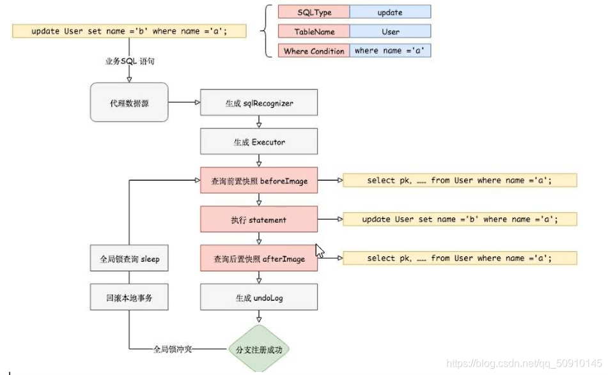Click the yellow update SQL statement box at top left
[x=129, y=31]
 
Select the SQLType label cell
[x=314, y=12]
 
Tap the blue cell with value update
[x=390, y=12]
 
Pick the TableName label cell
[x=314, y=31]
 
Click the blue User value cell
[x=390, y=31]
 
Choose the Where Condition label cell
[x=314, y=51]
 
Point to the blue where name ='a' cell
[x=390, y=51]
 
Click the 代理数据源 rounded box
[x=129, y=102]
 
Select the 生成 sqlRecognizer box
[x=259, y=103]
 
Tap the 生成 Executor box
[x=259, y=142]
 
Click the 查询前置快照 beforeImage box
[x=259, y=181]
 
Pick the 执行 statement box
[x=259, y=220]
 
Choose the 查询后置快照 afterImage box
[x=259, y=259]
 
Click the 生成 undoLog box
[x=259, y=298]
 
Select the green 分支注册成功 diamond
[x=259, y=349]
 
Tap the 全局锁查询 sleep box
[x=129, y=259]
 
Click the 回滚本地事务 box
[x=129, y=298]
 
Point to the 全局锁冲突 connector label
[x=173, y=349]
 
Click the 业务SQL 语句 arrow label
[x=130, y=62]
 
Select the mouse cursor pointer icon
[x=320, y=250]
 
